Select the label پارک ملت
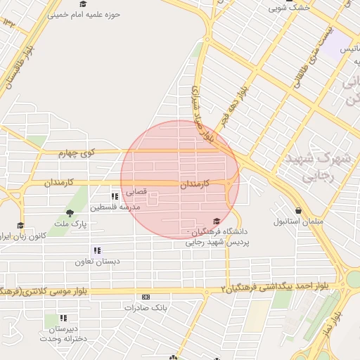70,224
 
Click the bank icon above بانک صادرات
146,297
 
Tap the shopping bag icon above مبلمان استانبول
299,210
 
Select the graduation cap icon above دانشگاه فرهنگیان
216,221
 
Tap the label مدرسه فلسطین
115,207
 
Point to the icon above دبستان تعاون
97,250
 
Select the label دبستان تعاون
98,262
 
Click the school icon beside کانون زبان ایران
20,226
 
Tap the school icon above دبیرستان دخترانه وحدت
54,318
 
